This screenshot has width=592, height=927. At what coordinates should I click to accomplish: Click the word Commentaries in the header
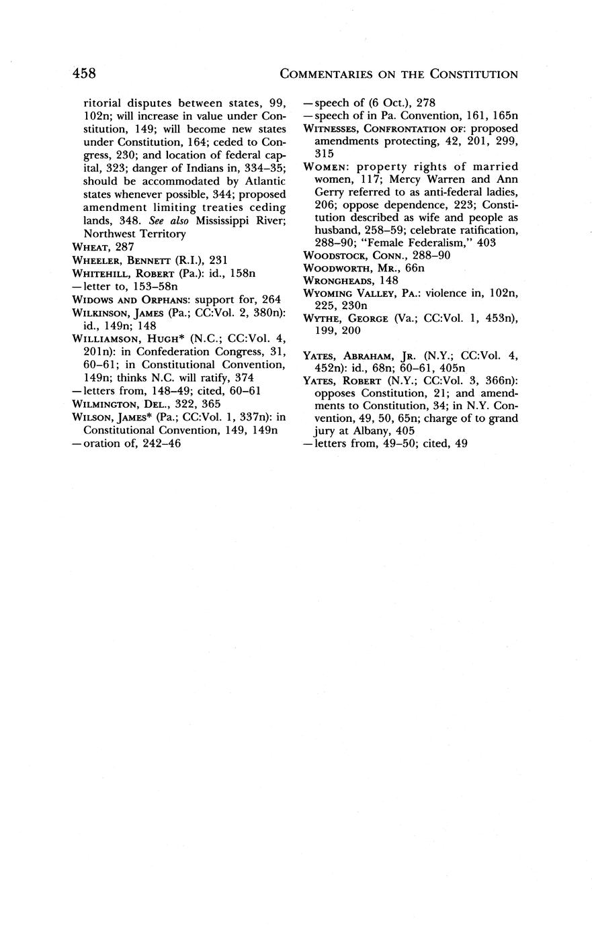coord(329,74)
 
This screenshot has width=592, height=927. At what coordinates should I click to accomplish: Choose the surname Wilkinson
coord(103,313)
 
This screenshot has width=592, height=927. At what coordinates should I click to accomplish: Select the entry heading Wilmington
coord(109,404)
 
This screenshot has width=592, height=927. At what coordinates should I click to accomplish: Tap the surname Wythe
coord(323,318)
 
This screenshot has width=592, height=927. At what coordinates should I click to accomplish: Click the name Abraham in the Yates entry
coord(364,367)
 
